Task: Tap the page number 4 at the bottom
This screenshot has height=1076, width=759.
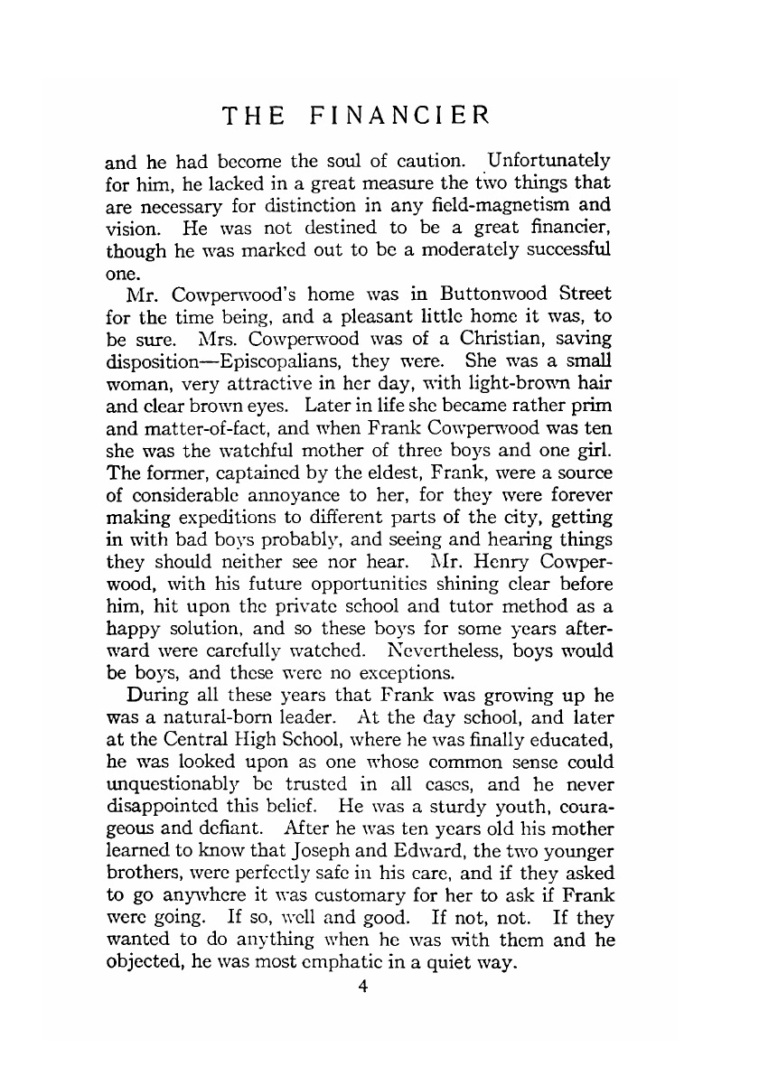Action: coord(362,987)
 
